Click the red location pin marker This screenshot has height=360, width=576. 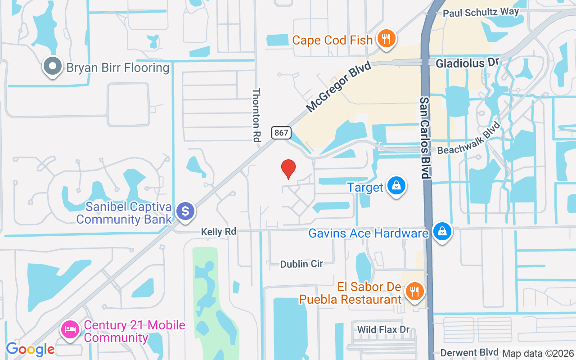[288, 169]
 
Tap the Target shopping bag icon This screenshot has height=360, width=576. [396, 185]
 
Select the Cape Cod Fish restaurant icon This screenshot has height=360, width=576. [386, 39]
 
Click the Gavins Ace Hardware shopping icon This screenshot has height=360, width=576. [442, 232]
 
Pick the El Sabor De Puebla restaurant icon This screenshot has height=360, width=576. [414, 291]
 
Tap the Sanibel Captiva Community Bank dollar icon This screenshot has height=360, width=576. [185, 211]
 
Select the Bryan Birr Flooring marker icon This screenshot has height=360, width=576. [53, 67]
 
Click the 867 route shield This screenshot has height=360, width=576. [282, 133]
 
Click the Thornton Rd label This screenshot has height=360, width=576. [256, 115]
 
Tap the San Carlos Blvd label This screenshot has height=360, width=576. [425, 137]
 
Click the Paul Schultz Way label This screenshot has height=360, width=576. [481, 12]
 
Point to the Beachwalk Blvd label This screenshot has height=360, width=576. [469, 138]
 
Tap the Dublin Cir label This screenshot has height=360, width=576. [301, 264]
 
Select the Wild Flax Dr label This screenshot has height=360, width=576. [383, 330]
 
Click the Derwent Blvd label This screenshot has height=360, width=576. [469, 352]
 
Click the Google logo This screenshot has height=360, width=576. [30, 349]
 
